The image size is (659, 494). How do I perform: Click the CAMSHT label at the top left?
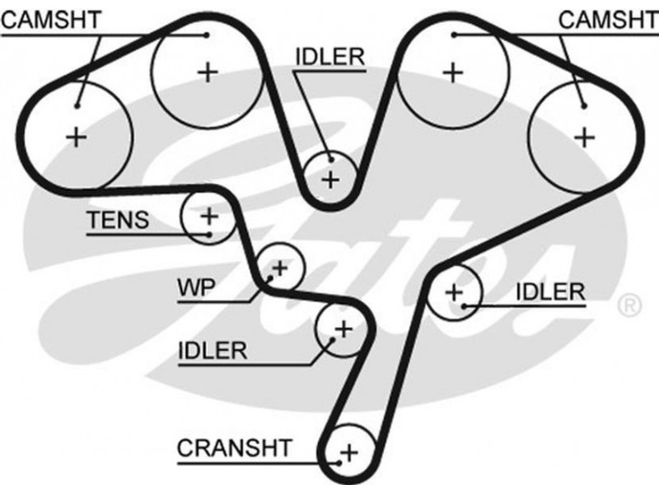point(50,20)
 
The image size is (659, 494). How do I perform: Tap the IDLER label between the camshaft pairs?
point(329,56)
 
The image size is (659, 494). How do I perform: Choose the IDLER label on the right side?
point(550,291)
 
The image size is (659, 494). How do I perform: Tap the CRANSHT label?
point(234,448)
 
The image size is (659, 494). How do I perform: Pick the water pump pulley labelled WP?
point(279,268)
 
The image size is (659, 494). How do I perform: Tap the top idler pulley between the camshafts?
point(330,179)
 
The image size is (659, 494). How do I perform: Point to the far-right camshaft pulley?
point(584,136)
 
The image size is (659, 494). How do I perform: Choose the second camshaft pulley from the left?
point(208,72)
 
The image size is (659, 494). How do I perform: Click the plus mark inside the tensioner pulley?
point(208,217)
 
